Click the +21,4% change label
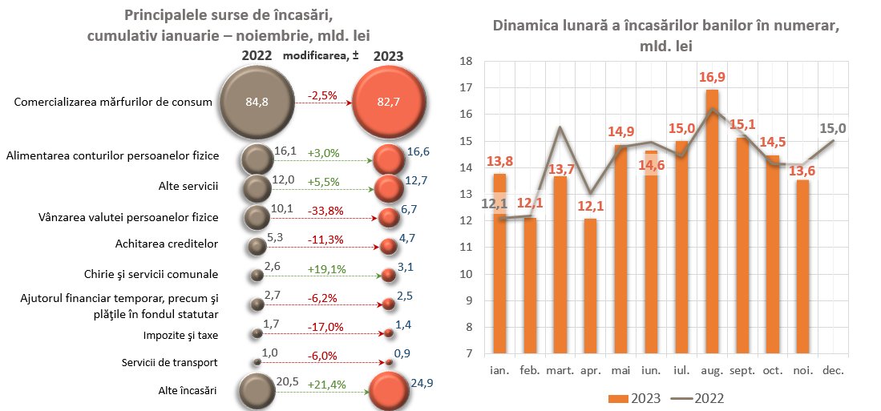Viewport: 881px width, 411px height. pyautogui.click(x=326, y=385)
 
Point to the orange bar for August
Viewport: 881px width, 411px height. pyautogui.click(x=712, y=224)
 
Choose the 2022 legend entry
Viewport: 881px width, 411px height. pyautogui.click(x=702, y=398)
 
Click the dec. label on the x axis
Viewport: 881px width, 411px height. pyautogui.click(x=835, y=371)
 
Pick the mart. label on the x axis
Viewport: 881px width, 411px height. pyautogui.click(x=560, y=371)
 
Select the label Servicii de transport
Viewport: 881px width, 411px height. pyautogui.click(x=170, y=362)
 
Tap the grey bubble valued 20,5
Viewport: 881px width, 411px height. pyautogui.click(x=257, y=392)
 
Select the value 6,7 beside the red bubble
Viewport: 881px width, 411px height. pyautogui.click(x=410, y=209)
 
